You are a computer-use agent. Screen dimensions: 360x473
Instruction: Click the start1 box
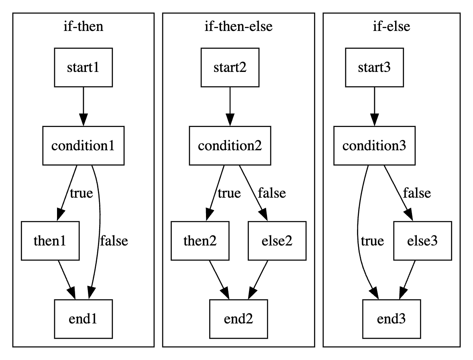tap(83, 67)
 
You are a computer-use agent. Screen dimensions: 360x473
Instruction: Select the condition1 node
tap(83, 145)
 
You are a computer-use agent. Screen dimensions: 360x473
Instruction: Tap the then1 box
tap(49, 241)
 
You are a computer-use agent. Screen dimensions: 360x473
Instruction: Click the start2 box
tap(230, 67)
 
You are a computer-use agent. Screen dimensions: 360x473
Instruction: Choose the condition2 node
tap(230, 145)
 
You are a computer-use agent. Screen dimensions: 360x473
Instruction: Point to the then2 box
tap(200, 241)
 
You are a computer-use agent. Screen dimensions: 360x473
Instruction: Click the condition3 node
tap(374, 145)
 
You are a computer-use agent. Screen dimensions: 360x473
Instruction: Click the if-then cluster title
tap(83, 27)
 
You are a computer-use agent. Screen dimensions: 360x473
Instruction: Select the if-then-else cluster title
tap(238, 27)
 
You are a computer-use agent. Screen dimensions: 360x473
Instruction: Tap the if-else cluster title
tap(391, 27)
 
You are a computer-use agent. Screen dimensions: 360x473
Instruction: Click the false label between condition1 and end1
tap(114, 241)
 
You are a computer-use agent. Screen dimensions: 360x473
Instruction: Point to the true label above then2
tap(229, 193)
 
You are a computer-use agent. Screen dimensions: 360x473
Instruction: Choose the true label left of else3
tap(372, 241)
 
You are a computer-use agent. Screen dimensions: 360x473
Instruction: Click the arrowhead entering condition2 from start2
tap(230, 119)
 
